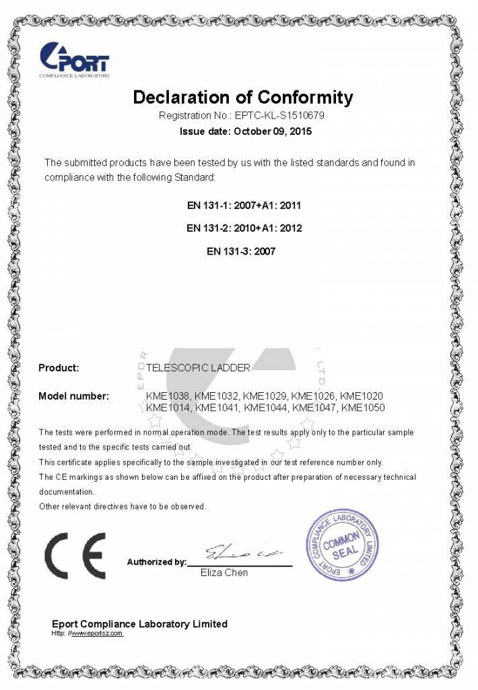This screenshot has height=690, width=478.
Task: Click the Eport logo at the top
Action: (x=73, y=59)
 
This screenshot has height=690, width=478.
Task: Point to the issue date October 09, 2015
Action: (x=272, y=131)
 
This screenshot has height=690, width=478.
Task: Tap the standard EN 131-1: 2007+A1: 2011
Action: (x=244, y=204)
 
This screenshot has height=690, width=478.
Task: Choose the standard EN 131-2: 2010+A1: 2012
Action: (x=244, y=228)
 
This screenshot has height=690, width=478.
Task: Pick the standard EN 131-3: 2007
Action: (x=241, y=251)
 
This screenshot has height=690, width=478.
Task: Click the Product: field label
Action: (x=59, y=368)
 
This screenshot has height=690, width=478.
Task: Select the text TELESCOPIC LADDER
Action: (x=198, y=368)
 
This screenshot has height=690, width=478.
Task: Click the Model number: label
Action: (x=73, y=396)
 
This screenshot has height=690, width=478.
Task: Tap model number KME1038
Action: (x=168, y=396)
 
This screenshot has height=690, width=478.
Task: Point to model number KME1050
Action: (x=363, y=407)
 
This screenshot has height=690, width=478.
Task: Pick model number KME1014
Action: (x=168, y=407)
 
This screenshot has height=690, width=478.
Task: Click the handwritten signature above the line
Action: (x=242, y=552)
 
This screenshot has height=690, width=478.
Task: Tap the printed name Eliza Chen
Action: (x=224, y=573)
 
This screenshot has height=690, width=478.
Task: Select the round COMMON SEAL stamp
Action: (x=342, y=545)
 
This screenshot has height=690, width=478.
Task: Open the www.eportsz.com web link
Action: (x=97, y=633)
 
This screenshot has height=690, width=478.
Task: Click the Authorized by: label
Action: (x=156, y=562)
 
